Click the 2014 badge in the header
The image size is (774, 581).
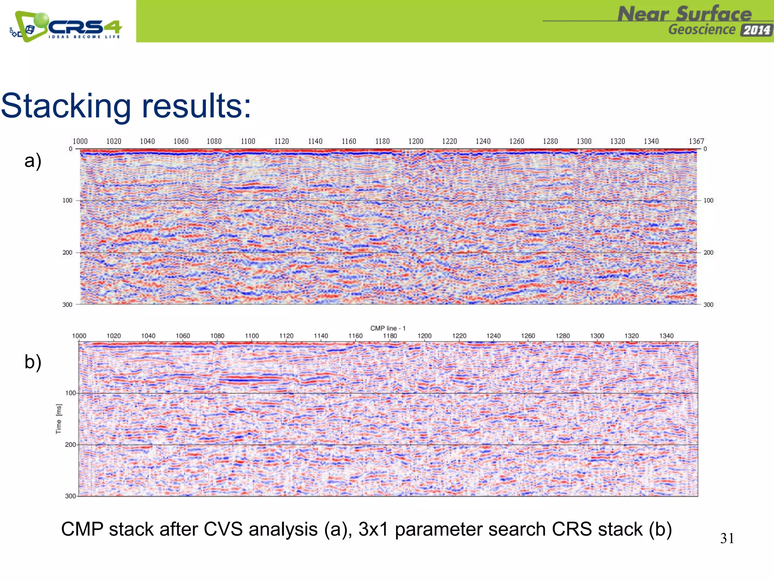pyautogui.click(x=756, y=30)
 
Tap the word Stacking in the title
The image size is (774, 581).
pyautogui.click(x=66, y=106)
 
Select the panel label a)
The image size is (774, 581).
pyautogui.click(x=33, y=161)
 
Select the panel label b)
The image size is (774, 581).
pyautogui.click(x=33, y=362)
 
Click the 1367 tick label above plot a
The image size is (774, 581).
pyautogui.click(x=696, y=141)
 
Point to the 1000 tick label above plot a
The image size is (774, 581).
pyautogui.click(x=80, y=141)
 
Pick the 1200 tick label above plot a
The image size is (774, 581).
pyautogui.click(x=416, y=141)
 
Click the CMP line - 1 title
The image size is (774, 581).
pyautogui.click(x=388, y=328)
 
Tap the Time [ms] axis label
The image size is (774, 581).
pyautogui.click(x=59, y=419)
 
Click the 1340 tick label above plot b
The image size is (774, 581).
pyautogui.click(x=666, y=336)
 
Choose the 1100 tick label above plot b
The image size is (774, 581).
pyautogui.click(x=252, y=336)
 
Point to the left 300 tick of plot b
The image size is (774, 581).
pyautogui.click(x=70, y=496)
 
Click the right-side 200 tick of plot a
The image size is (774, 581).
pyautogui.click(x=708, y=252)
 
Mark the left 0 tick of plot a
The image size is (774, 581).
pyautogui.click(x=71, y=149)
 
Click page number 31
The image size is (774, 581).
pyautogui.click(x=727, y=538)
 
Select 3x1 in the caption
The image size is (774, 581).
pyautogui.click(x=373, y=529)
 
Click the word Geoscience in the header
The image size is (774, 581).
pyautogui.click(x=702, y=30)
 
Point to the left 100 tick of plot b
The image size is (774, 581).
pyautogui.click(x=70, y=393)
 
